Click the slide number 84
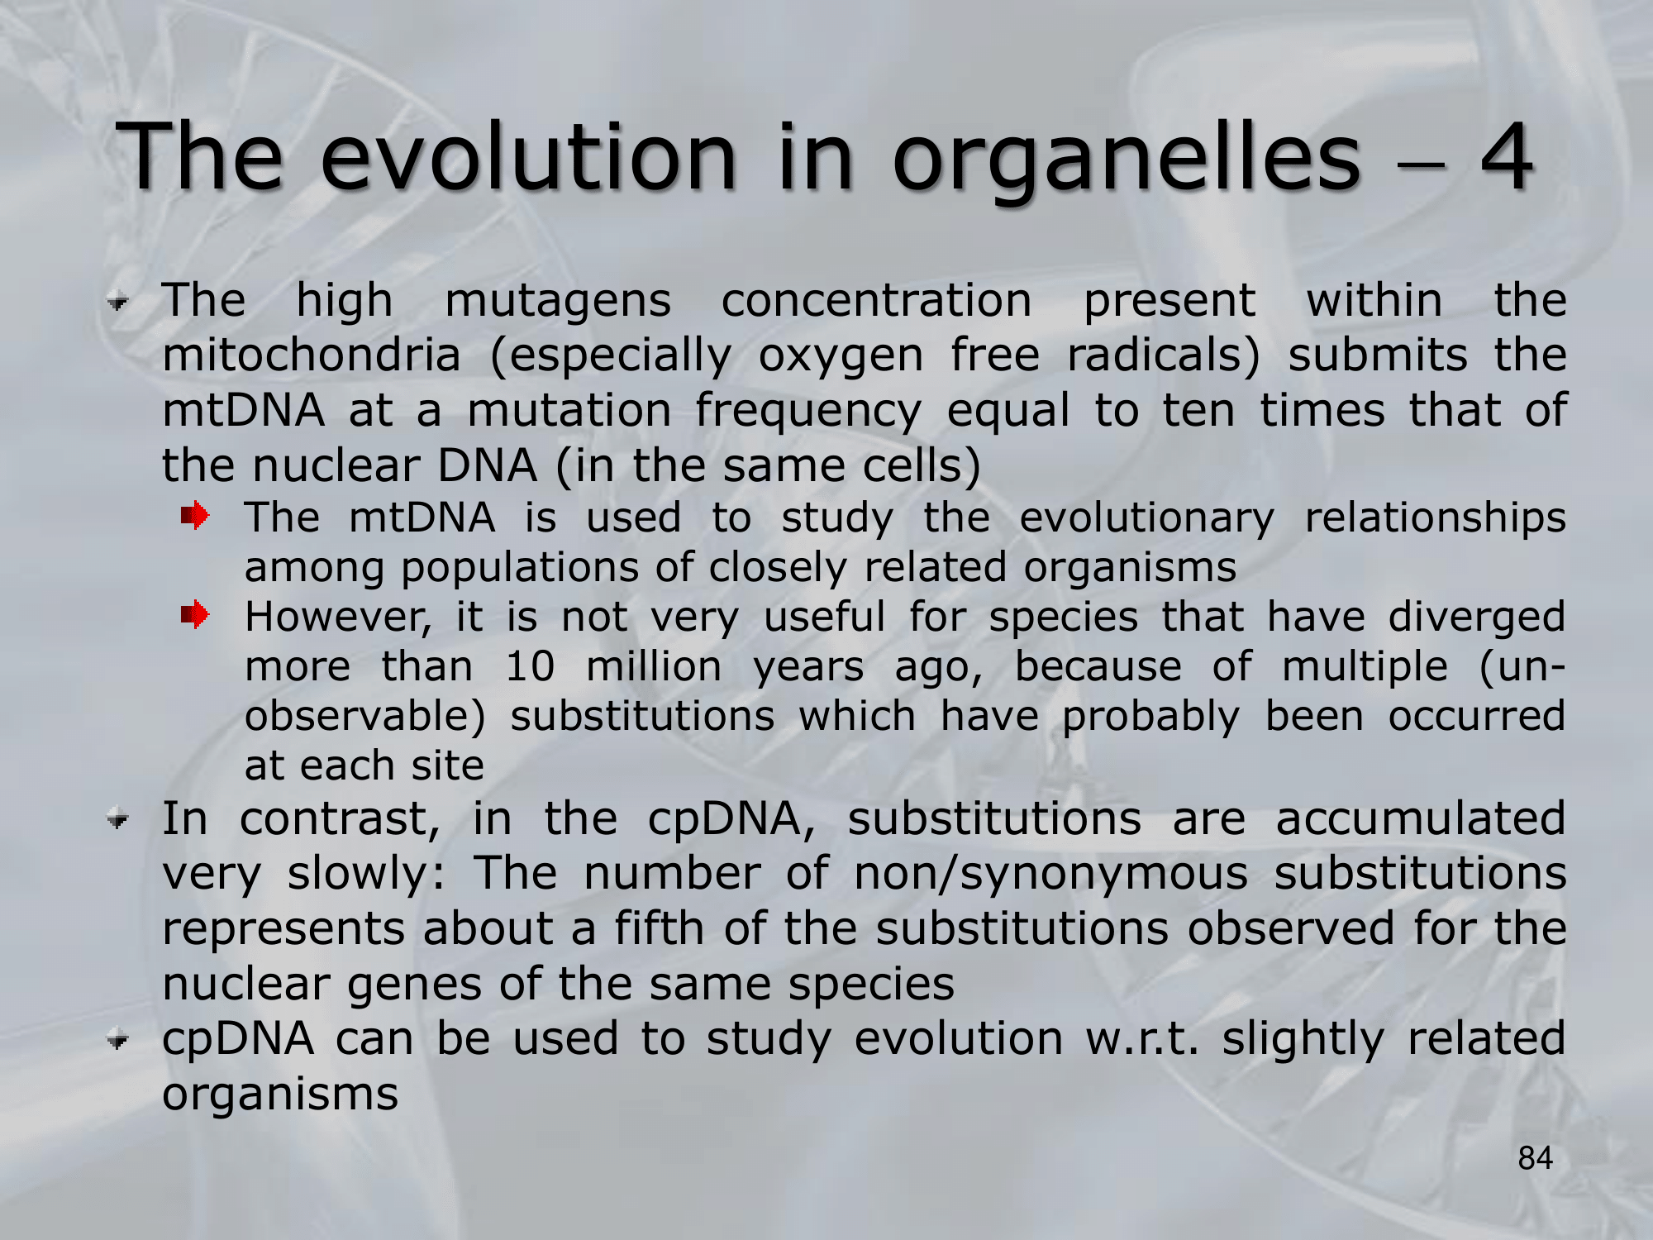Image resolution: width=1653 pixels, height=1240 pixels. coord(1535,1158)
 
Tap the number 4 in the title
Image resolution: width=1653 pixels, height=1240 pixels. coord(1505,156)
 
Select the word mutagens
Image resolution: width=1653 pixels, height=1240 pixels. coord(558,303)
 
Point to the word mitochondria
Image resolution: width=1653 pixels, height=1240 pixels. coord(311,355)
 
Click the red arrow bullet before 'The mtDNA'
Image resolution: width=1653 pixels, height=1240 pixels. coord(195,516)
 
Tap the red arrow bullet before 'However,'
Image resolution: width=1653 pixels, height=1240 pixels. coord(195,615)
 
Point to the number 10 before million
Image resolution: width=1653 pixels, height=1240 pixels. coord(530,666)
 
